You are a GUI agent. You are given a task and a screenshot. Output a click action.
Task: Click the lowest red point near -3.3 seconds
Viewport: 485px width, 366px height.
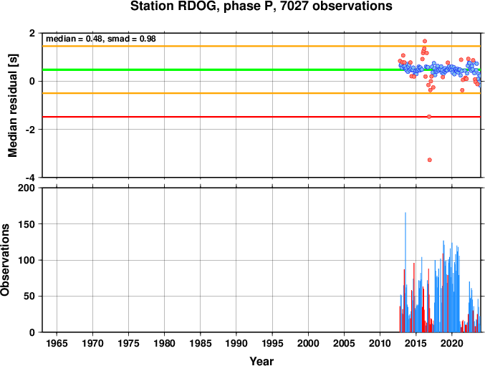(x=430, y=160)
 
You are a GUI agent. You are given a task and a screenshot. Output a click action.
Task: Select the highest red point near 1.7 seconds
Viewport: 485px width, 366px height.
(x=425, y=41)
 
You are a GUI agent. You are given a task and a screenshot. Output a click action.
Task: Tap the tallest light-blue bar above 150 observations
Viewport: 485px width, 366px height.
(x=405, y=272)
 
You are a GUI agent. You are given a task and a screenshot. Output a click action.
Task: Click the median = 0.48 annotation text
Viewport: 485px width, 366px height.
(x=75, y=39)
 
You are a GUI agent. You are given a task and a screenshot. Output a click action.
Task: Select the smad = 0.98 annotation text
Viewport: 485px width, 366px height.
(x=131, y=39)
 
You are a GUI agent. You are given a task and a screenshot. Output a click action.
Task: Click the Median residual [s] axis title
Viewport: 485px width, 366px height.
(x=12, y=105)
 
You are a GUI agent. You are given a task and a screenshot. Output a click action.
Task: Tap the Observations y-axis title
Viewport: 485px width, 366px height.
(x=5, y=260)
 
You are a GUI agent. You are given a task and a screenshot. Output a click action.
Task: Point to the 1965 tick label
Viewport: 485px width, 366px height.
(x=57, y=343)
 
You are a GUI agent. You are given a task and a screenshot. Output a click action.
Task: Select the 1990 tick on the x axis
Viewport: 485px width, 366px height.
(x=236, y=343)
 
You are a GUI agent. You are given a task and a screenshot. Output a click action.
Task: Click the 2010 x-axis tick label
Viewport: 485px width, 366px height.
(x=380, y=343)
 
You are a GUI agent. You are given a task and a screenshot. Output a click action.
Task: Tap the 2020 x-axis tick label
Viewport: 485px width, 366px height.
(x=452, y=343)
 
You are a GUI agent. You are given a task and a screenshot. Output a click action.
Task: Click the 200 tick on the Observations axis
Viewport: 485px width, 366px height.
(x=27, y=188)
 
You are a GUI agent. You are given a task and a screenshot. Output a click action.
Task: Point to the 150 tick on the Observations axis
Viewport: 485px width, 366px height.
(x=27, y=224)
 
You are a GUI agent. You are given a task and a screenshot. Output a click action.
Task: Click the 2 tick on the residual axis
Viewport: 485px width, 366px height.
(x=32, y=33)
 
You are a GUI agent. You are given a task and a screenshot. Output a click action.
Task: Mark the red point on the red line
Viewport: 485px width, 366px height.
(x=429, y=117)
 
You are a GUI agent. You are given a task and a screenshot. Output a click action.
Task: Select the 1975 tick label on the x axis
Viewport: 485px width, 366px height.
(x=129, y=343)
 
